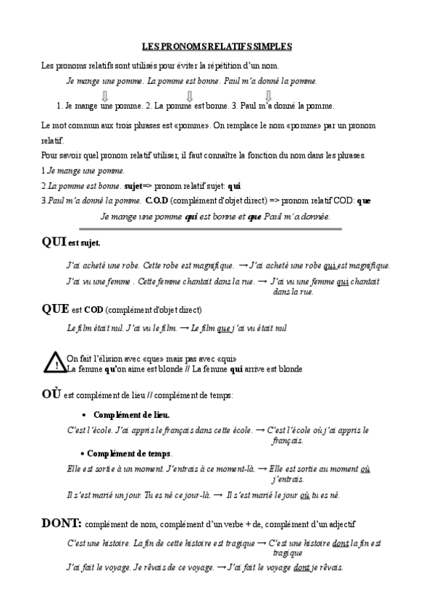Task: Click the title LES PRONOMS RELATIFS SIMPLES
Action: (217, 46)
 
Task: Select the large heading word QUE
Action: (55, 308)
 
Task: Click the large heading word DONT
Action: (62, 523)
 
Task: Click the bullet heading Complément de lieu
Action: (131, 415)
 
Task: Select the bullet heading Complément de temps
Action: (130, 453)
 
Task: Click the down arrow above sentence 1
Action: (105, 96)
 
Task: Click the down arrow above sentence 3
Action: (269, 96)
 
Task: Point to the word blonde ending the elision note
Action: (286, 369)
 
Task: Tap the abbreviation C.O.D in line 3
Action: (158, 201)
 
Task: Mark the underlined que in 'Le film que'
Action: (223, 328)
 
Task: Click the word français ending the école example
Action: (288, 440)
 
